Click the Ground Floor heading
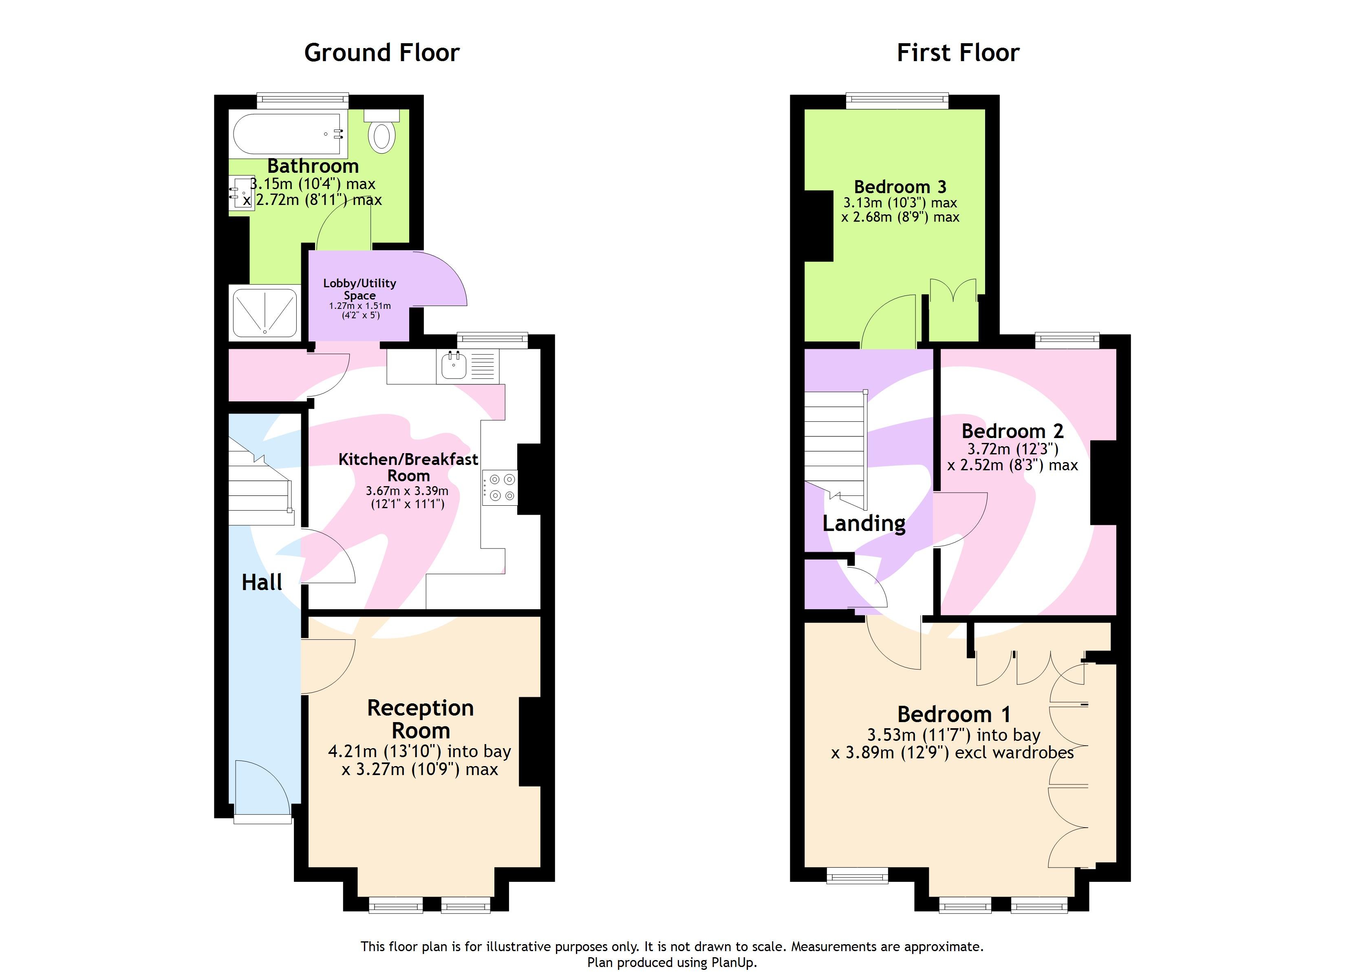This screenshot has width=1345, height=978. click(x=381, y=53)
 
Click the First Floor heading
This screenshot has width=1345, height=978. click(x=958, y=53)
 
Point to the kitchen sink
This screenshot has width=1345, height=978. click(x=454, y=366)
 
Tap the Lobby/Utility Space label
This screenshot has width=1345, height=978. click(x=359, y=289)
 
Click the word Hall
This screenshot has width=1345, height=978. click(x=262, y=582)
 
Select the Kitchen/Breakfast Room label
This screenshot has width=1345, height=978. click(x=408, y=467)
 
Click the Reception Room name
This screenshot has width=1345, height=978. click(x=421, y=719)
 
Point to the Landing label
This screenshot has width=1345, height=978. click(x=864, y=523)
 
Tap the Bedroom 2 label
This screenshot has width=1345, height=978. click(x=1012, y=431)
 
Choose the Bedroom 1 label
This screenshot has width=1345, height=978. click(x=954, y=714)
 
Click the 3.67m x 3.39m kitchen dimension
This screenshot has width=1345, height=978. click(x=407, y=491)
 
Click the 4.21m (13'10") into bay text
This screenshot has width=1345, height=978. click(x=419, y=751)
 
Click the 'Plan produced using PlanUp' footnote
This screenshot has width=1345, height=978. click(x=672, y=963)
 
